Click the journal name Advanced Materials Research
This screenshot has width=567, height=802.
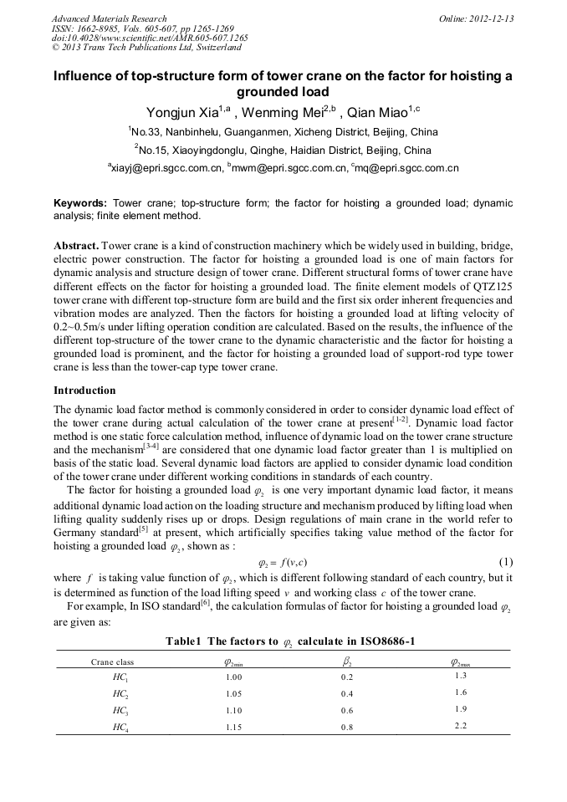(109, 18)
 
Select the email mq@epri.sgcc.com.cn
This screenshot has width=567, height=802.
(407, 169)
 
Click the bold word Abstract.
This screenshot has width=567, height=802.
(76, 248)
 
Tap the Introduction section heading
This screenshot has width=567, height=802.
(84, 391)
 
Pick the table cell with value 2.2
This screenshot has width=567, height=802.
(461, 725)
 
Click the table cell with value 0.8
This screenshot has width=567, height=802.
(347, 727)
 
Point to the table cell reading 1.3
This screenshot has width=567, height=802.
(461, 676)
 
